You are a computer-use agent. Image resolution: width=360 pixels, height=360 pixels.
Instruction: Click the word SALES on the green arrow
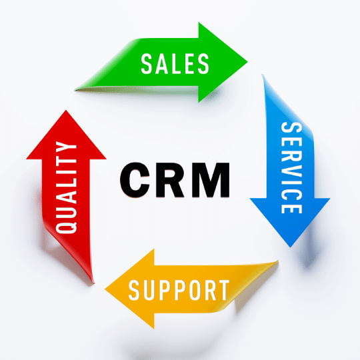[175, 63]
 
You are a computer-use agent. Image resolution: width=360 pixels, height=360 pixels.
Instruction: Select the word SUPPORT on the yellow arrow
[179, 290]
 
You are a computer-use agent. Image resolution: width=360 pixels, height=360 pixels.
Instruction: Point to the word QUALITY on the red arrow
[66, 187]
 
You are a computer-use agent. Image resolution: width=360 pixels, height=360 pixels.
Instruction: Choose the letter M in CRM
[211, 180]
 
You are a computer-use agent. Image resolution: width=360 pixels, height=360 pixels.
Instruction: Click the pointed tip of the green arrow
[247, 62]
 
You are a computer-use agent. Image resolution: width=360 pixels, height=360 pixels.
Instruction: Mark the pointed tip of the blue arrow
[291, 247]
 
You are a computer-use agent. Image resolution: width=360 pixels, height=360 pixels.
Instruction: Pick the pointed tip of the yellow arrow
[105, 289]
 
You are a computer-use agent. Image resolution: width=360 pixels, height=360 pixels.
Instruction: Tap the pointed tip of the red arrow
[66, 111]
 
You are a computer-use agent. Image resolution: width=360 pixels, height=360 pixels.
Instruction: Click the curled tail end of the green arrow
[75, 90]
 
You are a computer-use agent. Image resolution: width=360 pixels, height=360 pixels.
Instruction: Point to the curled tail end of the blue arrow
[263, 75]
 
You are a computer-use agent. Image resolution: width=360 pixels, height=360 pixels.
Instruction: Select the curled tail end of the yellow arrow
[278, 261]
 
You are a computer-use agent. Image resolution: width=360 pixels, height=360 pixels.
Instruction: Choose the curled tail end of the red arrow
[93, 283]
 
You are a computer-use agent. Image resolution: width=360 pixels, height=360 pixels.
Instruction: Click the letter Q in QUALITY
[67, 227]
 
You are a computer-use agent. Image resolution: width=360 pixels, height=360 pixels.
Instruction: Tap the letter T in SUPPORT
[223, 290]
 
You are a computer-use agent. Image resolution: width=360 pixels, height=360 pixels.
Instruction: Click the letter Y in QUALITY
[66, 147]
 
